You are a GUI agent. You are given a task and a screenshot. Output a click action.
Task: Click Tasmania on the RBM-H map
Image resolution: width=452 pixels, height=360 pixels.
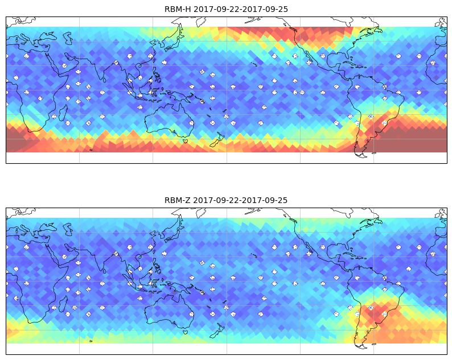[186, 141]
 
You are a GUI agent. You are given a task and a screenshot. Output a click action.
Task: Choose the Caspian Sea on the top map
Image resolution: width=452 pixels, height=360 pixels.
[68, 38]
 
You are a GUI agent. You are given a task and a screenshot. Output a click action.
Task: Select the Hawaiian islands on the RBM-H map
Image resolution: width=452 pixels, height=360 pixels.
[254, 64]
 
